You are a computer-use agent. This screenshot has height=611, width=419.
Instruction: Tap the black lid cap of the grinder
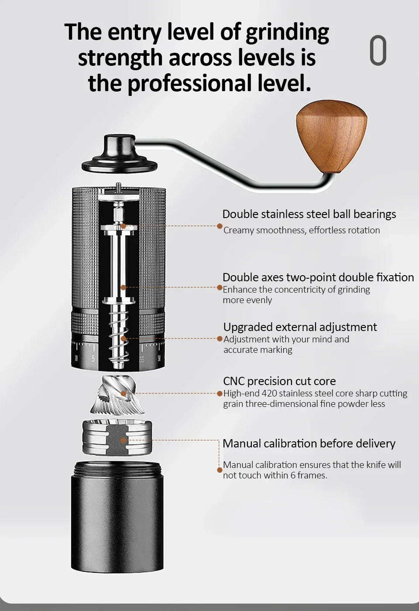[x=120, y=154]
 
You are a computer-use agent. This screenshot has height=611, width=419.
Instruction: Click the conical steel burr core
[x=117, y=395]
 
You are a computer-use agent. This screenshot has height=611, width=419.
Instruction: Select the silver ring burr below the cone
[x=117, y=438]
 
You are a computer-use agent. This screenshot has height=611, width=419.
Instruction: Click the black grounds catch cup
[x=117, y=516]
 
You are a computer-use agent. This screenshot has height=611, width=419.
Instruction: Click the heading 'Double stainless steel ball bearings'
[x=309, y=215]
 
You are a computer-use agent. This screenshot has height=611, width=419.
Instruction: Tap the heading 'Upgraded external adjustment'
[x=300, y=327]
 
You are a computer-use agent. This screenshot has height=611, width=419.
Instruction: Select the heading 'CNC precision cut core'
[x=279, y=381]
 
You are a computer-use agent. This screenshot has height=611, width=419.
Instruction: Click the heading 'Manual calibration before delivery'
[x=309, y=444]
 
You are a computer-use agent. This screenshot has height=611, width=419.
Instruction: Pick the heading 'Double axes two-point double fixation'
[x=318, y=277]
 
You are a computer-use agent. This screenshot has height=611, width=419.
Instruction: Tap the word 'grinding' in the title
[x=288, y=33]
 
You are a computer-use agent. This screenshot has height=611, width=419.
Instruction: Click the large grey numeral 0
[x=378, y=50]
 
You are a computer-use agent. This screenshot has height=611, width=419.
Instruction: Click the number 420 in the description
[x=269, y=393]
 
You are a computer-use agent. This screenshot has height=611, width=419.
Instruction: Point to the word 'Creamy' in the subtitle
[x=239, y=231]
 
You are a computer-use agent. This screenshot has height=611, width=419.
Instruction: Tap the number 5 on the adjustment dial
[x=93, y=358]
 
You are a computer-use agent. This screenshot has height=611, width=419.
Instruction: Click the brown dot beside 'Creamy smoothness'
[x=220, y=226]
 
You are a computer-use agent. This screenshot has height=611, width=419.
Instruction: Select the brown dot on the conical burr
[x=124, y=394]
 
